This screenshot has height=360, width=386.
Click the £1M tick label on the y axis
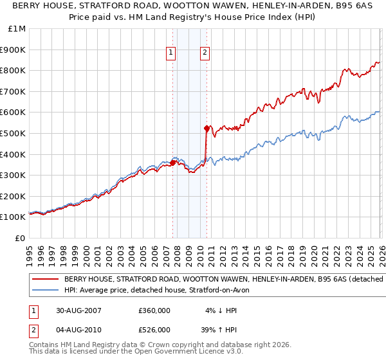coord(17,29)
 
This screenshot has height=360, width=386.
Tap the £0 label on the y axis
coord(21,238)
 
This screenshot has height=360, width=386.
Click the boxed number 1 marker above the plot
coord(172,53)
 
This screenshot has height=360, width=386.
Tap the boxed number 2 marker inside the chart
coord(205,53)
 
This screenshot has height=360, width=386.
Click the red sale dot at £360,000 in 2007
coord(173,163)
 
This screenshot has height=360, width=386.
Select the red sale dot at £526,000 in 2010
coord(207,128)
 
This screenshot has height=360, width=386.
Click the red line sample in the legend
coord(46,280)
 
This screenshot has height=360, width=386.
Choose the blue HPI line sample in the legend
coord(46,291)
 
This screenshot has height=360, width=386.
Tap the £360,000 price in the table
coord(154,310)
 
